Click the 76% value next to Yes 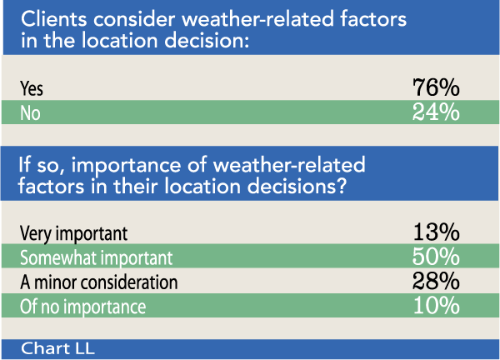pos(436,87)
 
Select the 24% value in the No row pos(436,112)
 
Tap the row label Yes pos(30,87)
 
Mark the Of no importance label pos(82,307)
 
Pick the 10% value pos(436,306)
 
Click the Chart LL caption pos(58,347)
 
